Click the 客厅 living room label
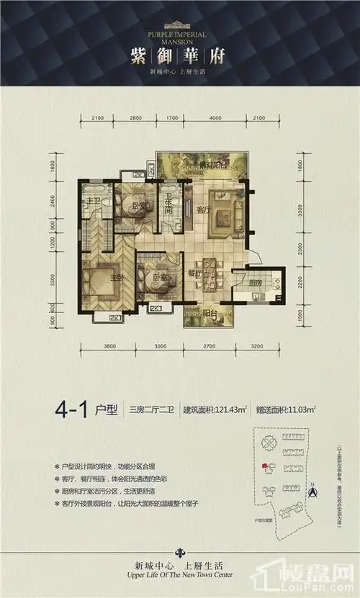pos(202,210)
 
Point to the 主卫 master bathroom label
pos(92,200)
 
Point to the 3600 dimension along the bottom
pos(109,346)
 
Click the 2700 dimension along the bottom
pos(209,346)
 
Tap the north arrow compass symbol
pos(312,492)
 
